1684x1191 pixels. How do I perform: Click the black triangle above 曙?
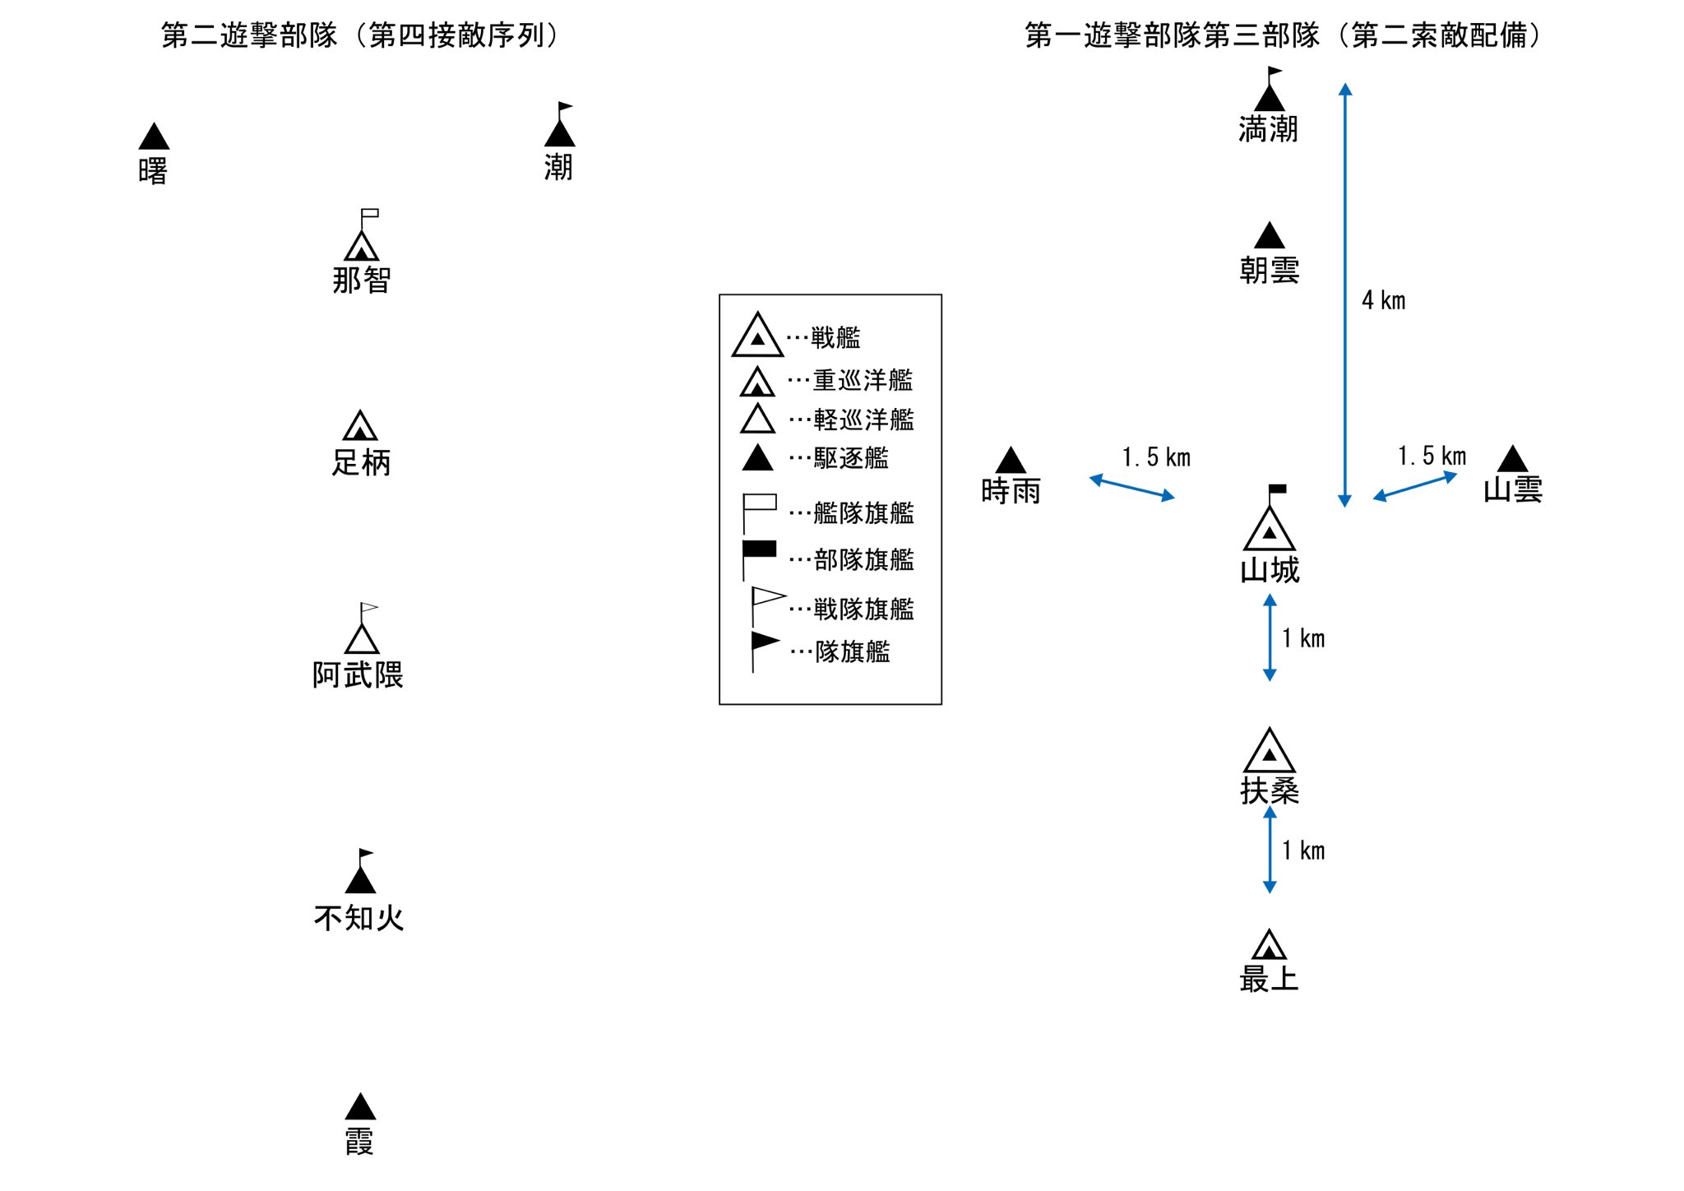pyautogui.click(x=154, y=137)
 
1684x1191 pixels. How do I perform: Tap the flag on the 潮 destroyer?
pyautogui.click(x=565, y=107)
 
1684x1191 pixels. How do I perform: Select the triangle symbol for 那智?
pyautogui.click(x=362, y=247)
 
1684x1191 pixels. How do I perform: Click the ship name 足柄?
pyautogui.click(x=361, y=462)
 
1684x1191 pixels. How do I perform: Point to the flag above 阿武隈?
pyautogui.click(x=368, y=609)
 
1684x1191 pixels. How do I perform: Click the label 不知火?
pyautogui.click(x=359, y=918)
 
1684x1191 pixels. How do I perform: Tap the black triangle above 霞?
pyautogui.click(x=360, y=1107)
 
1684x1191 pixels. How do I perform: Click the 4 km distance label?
pyautogui.click(x=1384, y=300)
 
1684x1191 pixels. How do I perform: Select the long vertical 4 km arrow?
pyautogui.click(x=1345, y=294)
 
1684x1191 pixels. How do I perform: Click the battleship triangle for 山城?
pyautogui.click(x=1270, y=529)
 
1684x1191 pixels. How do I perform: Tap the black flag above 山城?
pyautogui.click(x=1277, y=489)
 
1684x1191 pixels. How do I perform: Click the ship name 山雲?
pyautogui.click(x=1513, y=490)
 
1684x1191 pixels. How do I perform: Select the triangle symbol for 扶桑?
pyautogui.click(x=1270, y=750)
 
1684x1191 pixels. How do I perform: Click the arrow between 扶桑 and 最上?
pyautogui.click(x=1270, y=850)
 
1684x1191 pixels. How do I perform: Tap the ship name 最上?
pyautogui.click(x=1270, y=979)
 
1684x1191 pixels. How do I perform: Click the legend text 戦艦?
pyautogui.click(x=835, y=337)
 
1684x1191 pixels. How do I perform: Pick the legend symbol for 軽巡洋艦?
pyautogui.click(x=757, y=419)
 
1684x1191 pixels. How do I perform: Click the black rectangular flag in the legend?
pyautogui.click(x=759, y=549)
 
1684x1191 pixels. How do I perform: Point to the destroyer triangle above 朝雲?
pyautogui.click(x=1270, y=235)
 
